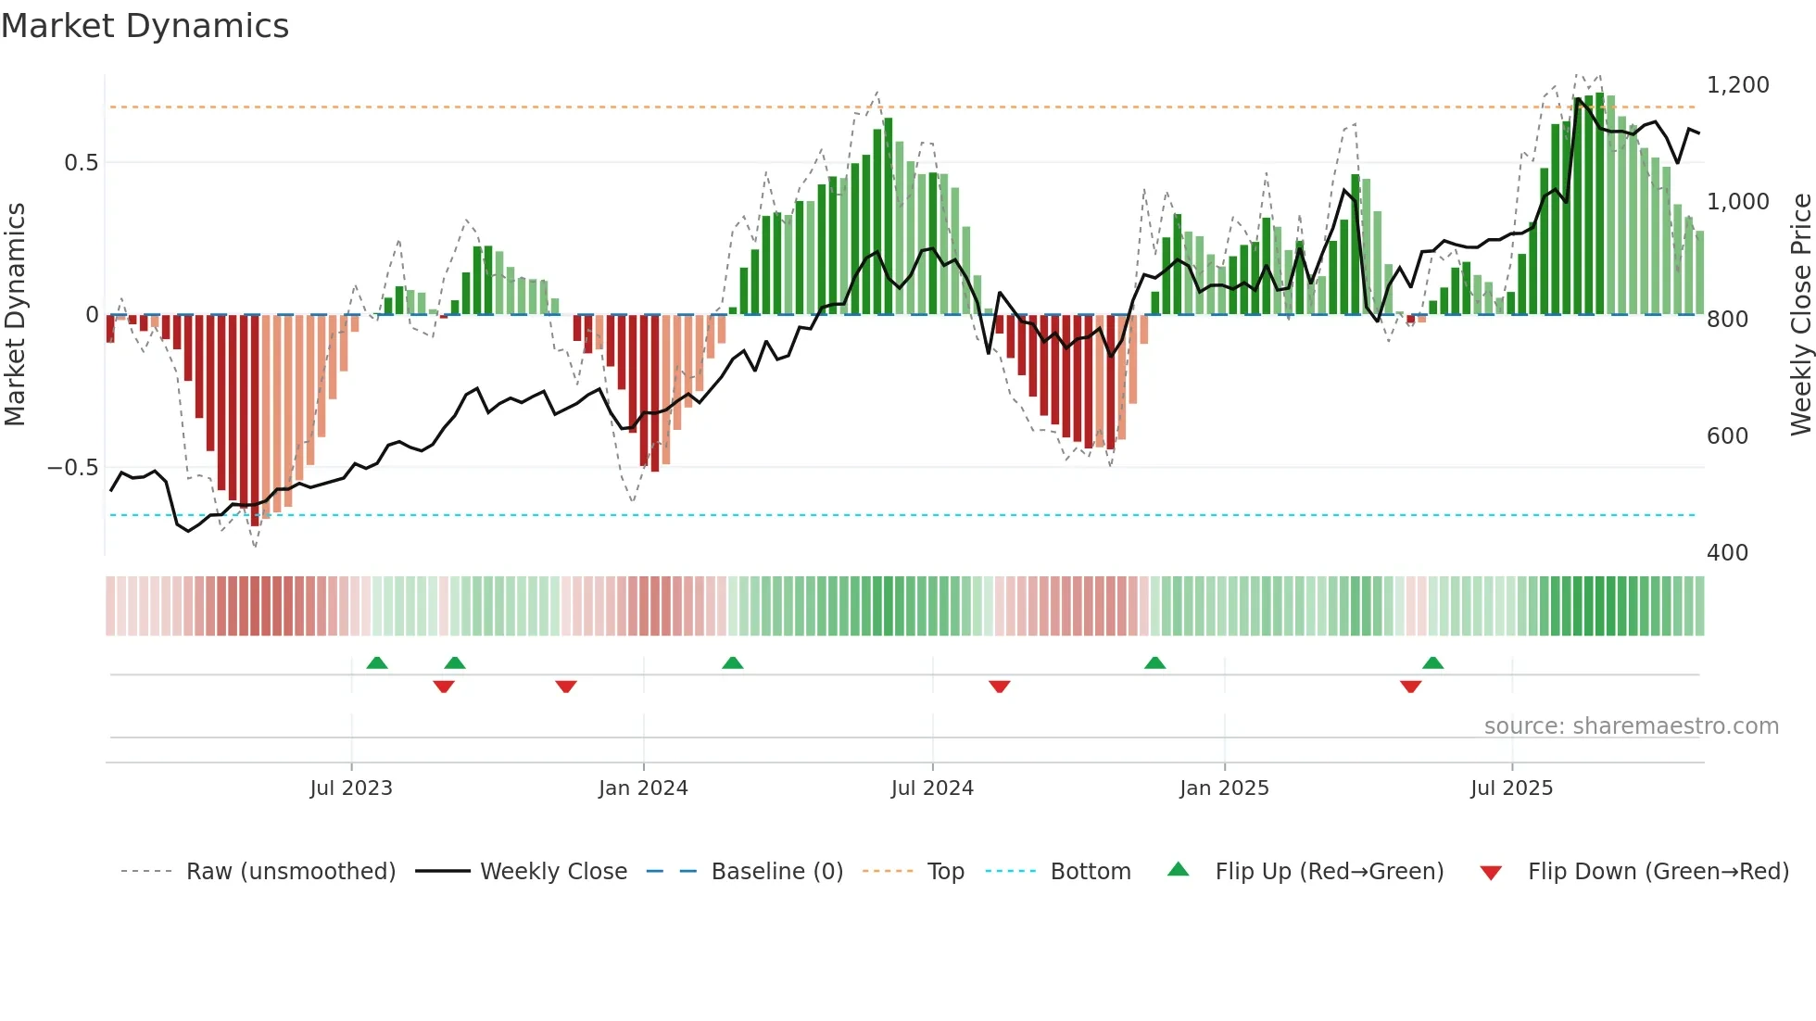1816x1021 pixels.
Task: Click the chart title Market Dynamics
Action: click(x=145, y=26)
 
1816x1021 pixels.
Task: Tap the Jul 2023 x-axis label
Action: click(x=351, y=788)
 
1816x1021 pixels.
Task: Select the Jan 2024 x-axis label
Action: click(x=643, y=788)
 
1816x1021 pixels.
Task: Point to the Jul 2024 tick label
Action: click(x=932, y=788)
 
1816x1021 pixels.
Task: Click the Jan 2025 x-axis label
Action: click(x=1224, y=788)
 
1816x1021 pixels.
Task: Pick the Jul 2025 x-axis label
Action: click(x=1511, y=788)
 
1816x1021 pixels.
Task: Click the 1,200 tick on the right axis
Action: click(x=1737, y=85)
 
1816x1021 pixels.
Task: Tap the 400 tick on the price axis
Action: click(x=1727, y=553)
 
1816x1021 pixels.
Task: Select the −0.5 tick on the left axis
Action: click(x=72, y=468)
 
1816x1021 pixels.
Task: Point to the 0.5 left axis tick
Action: click(x=81, y=163)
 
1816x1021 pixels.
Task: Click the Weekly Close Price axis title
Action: click(x=1800, y=315)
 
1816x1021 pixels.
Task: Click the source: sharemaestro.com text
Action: click(x=1631, y=726)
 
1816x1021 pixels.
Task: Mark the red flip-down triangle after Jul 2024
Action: click(x=999, y=687)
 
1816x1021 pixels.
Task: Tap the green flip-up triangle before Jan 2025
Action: click(x=1154, y=662)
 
